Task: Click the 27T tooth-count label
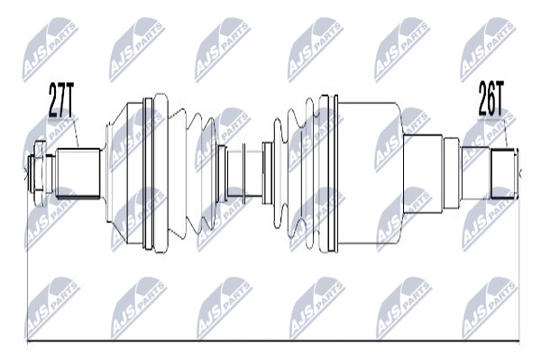[60, 100]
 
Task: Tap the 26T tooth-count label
[491, 98]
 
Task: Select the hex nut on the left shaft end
[40, 173]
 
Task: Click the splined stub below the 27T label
[78, 173]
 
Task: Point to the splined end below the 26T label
[503, 173]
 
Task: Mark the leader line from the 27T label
[77, 133]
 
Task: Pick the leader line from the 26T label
[506, 133]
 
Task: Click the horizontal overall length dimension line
[273, 341]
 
